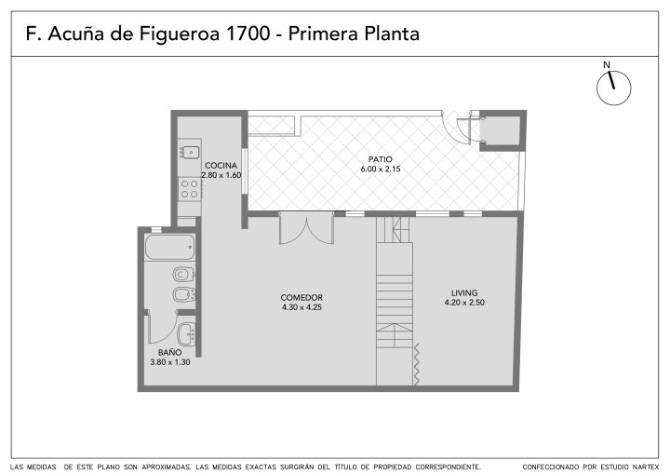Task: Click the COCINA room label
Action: (221, 166)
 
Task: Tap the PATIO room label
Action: (381, 159)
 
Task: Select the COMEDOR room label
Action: (301, 297)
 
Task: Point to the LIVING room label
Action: (464, 293)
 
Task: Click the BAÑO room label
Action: (170, 353)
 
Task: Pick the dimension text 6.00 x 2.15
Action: (381, 169)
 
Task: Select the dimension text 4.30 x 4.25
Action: (301, 307)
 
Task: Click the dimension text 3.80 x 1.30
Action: (170, 362)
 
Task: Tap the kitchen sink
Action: (190, 152)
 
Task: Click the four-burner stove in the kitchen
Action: (189, 189)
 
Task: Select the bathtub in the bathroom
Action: (170, 247)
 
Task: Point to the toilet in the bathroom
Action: (183, 274)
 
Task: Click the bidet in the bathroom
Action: (184, 294)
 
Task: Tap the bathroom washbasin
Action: (187, 333)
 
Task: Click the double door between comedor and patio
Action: (306, 228)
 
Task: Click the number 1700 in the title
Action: (248, 34)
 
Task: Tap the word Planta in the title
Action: (392, 34)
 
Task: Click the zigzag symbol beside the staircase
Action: (416, 364)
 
